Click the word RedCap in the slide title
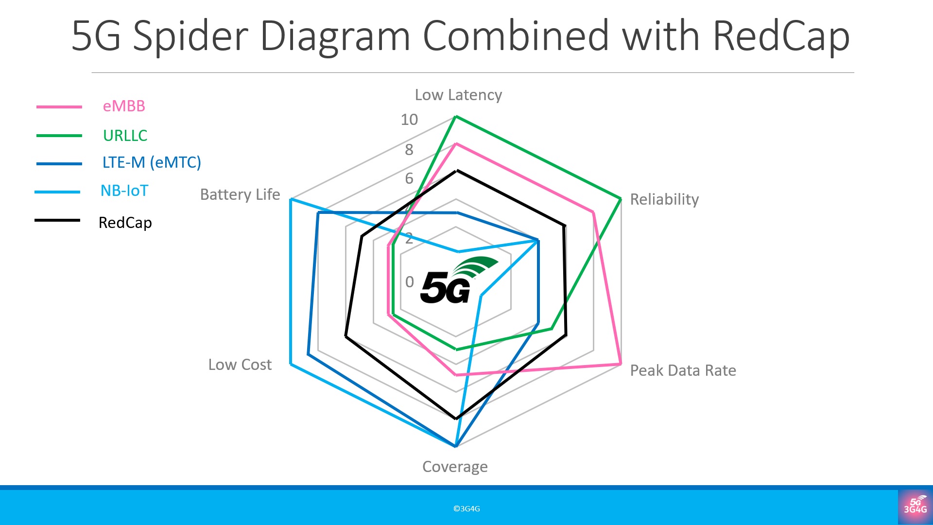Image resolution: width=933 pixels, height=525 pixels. click(781, 36)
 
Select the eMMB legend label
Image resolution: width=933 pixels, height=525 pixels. click(124, 106)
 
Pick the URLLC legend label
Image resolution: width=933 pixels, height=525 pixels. click(125, 135)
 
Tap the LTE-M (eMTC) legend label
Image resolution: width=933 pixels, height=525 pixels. click(152, 162)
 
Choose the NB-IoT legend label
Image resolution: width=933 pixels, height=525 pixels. click(124, 191)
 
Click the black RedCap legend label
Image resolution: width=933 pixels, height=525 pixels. click(125, 223)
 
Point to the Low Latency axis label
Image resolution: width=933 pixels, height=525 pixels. click(458, 95)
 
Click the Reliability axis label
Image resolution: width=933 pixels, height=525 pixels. click(664, 199)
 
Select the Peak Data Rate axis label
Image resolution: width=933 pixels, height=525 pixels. click(683, 370)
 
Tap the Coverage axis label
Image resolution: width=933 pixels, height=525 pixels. click(455, 467)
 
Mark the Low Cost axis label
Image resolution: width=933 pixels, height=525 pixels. click(240, 365)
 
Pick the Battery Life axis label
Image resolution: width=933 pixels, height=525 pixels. click(240, 194)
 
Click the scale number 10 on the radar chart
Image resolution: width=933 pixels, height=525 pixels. click(409, 120)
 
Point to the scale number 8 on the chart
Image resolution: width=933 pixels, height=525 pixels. click(409, 150)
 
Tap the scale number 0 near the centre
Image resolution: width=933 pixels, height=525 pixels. click(410, 282)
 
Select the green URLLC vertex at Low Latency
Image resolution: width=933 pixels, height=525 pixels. click(455, 117)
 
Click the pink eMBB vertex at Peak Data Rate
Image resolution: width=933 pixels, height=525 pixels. click(621, 364)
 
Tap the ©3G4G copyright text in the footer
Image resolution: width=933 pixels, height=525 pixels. click(466, 508)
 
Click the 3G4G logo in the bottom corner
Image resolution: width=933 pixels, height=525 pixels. click(915, 507)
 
